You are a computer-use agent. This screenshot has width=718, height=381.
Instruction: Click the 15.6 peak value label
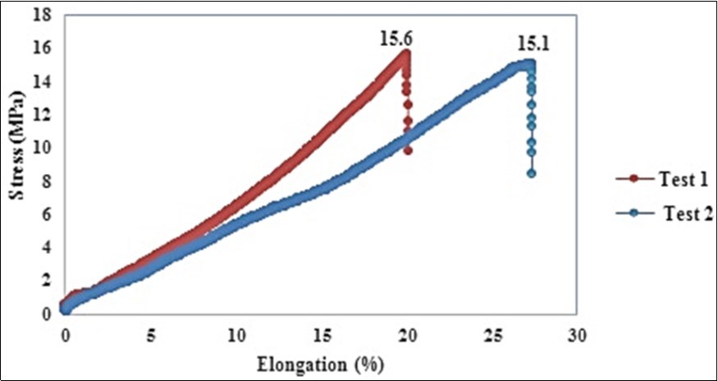395,38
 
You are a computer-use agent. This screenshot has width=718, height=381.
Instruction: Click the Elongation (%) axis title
321,362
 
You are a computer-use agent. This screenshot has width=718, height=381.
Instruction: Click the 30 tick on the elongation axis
577,336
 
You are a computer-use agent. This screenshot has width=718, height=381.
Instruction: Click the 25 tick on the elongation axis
492,336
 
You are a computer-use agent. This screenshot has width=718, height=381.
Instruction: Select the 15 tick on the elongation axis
321,336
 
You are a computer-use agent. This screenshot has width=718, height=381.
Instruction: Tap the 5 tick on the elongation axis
150,336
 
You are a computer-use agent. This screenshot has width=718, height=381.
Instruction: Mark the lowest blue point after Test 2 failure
531,173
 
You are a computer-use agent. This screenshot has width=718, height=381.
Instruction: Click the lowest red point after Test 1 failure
407,150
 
